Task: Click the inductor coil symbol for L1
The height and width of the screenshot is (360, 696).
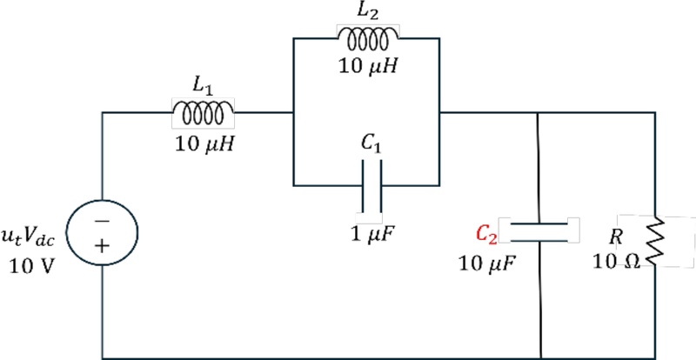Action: tap(204, 112)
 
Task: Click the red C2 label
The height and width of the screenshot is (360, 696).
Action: tap(486, 232)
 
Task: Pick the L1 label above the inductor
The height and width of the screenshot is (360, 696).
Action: tap(202, 86)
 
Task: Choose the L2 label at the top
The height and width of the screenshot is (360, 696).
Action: tap(368, 12)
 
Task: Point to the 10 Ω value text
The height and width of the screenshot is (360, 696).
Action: tap(615, 261)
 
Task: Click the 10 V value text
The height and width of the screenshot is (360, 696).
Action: tap(29, 266)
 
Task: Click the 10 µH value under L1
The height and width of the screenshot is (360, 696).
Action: tap(204, 143)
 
